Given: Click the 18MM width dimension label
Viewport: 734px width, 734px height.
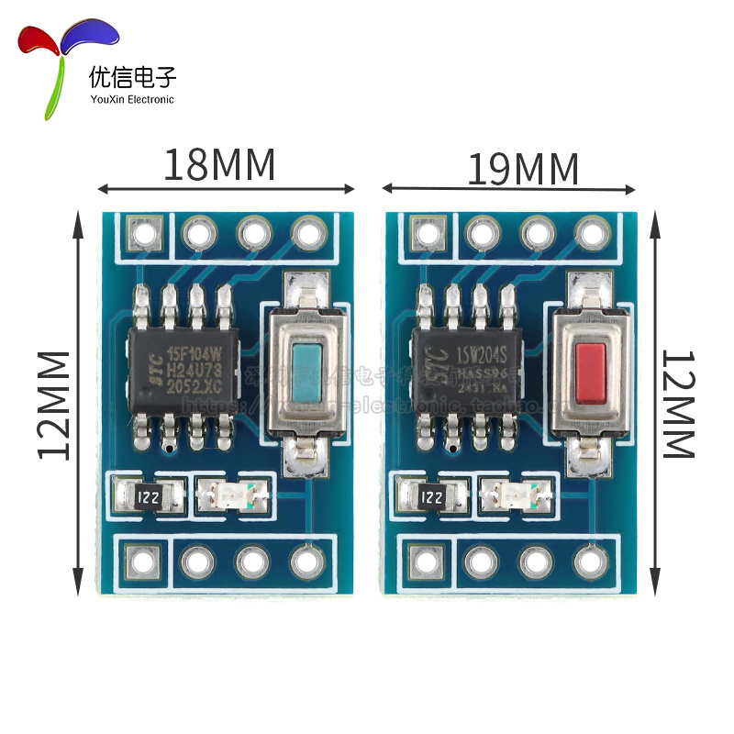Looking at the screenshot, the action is coord(219,165).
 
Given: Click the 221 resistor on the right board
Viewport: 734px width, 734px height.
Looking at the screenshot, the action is coord(429,498).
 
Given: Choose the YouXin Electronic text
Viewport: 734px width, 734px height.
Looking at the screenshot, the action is coord(131,99).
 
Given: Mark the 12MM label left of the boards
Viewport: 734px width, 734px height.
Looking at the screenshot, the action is coord(52,404).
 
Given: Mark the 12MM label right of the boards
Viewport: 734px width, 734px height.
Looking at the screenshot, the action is coord(679,404).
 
